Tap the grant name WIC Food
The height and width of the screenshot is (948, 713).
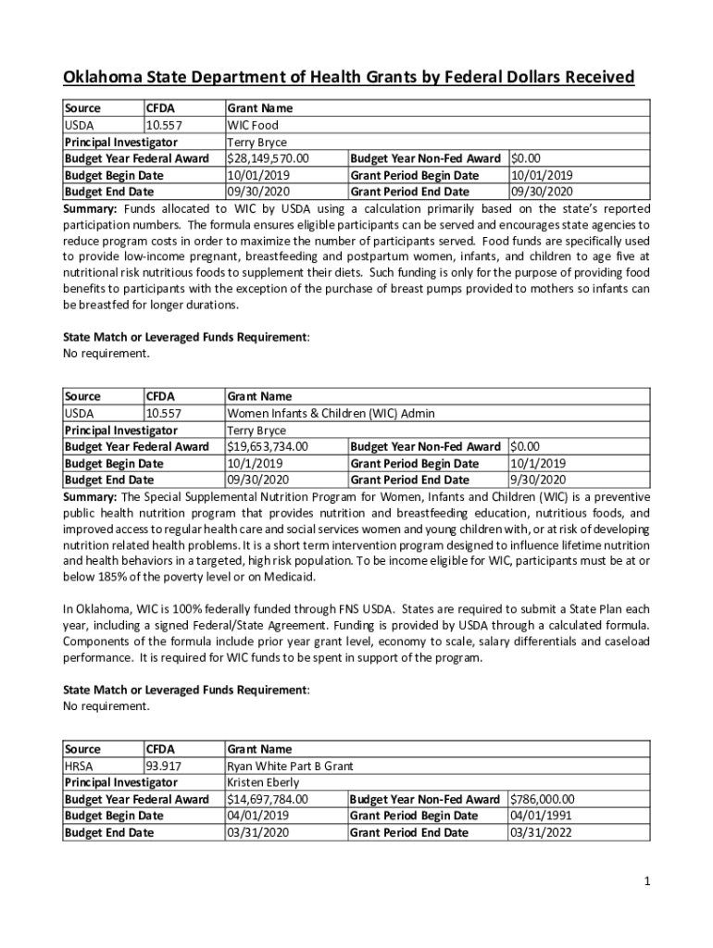(x=253, y=125)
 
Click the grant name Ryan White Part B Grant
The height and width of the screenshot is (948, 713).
(x=290, y=766)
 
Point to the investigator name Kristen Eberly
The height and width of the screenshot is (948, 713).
(x=263, y=782)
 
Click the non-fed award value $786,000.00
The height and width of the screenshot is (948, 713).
(x=543, y=799)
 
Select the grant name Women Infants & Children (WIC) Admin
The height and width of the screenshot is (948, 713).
(x=331, y=413)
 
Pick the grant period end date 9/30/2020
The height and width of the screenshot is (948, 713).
(x=538, y=480)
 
